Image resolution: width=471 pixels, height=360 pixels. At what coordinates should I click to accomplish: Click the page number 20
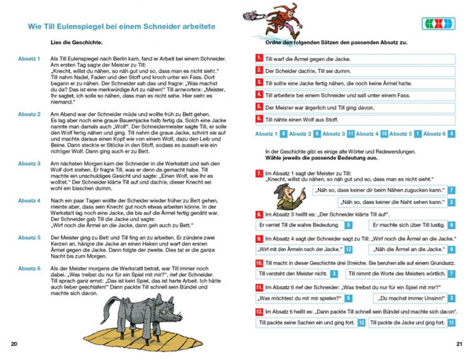click(x=15, y=344)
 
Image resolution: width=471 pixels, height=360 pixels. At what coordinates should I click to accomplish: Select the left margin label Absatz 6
click(x=29, y=268)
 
